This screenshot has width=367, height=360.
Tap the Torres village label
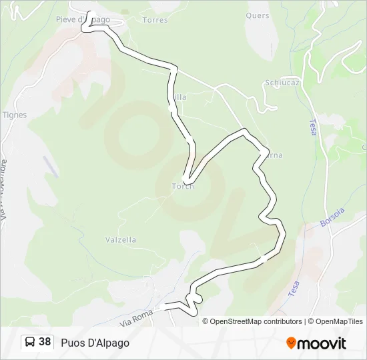(x=155, y=20)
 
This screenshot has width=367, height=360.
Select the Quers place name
(x=258, y=15)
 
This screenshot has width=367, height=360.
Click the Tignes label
(x=15, y=115)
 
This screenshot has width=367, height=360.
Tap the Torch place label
(x=183, y=186)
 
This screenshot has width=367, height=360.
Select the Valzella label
(x=121, y=239)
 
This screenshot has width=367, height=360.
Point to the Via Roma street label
(x=137, y=319)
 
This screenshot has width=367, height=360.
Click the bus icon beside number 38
(x=30, y=342)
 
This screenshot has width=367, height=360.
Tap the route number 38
(x=45, y=342)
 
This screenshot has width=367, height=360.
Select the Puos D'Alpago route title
(x=95, y=343)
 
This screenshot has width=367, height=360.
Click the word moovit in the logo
(x=322, y=343)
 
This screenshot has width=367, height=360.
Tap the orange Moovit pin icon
(x=291, y=343)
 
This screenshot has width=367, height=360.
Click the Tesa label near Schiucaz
(x=312, y=127)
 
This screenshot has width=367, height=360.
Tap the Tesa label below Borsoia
(x=294, y=288)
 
